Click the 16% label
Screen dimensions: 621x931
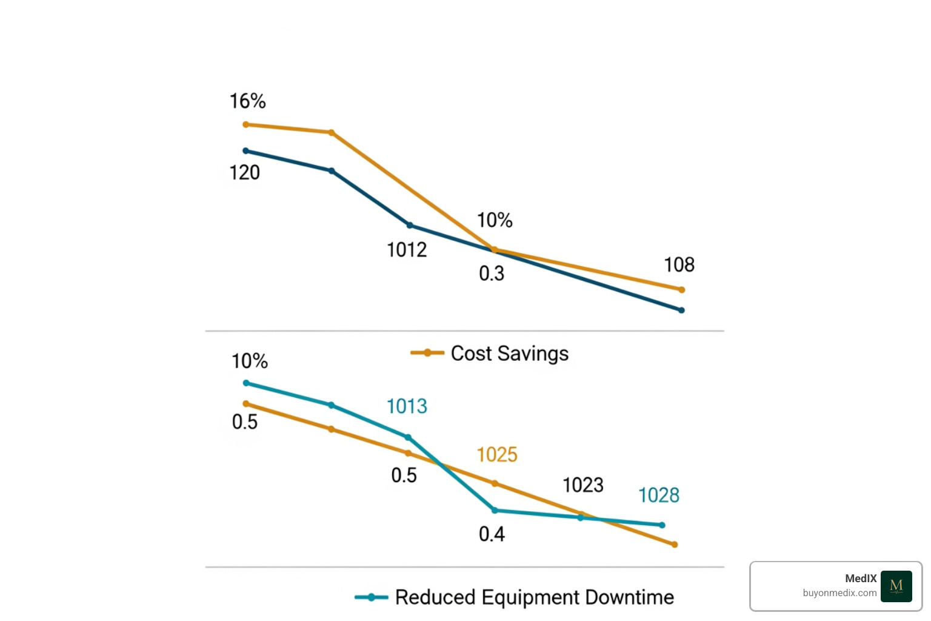coord(247,101)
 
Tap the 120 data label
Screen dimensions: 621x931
coord(244,173)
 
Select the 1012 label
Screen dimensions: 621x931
coord(407,250)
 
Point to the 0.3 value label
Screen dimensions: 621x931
coord(491,274)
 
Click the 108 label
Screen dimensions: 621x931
coord(679,265)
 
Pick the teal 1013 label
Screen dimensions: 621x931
coord(407,406)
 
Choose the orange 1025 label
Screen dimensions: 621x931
coord(496,455)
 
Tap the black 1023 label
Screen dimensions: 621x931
coord(582,485)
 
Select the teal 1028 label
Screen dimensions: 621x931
coord(658,495)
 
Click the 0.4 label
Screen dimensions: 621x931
coord(491,534)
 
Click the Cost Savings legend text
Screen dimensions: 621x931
coord(509,354)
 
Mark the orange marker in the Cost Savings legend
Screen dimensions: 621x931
coord(427,353)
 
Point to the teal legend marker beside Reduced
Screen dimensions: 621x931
coord(371,597)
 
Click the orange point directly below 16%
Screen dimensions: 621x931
coord(245,125)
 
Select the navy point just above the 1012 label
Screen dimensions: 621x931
coord(410,226)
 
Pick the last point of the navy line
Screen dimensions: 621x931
coord(681,310)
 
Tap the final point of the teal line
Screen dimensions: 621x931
coord(662,525)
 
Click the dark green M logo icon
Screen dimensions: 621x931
coord(896,586)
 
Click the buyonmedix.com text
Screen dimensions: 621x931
coord(839,593)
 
